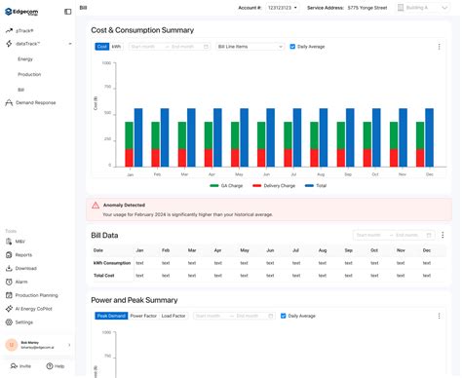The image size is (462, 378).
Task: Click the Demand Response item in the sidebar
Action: (x=35, y=102)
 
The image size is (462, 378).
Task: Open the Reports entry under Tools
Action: (x=23, y=254)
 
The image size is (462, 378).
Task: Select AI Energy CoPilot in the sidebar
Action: (x=38, y=308)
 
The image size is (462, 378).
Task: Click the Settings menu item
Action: (x=24, y=321)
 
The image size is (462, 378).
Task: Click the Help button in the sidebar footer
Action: (x=57, y=365)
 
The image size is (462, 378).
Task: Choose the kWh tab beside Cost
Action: (x=117, y=46)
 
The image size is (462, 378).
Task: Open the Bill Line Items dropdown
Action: (x=250, y=46)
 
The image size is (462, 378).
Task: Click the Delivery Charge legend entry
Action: (x=274, y=184)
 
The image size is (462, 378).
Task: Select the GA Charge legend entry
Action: (x=229, y=184)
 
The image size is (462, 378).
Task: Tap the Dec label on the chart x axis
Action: (x=428, y=174)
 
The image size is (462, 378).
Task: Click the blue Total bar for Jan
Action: (x=137, y=138)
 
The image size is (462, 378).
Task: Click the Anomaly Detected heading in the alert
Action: (x=123, y=205)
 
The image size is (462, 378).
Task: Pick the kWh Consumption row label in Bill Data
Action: (x=111, y=263)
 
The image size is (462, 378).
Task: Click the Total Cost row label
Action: (x=104, y=277)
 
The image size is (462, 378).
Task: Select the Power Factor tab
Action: (x=143, y=316)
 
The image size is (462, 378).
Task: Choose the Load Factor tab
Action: (x=173, y=316)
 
